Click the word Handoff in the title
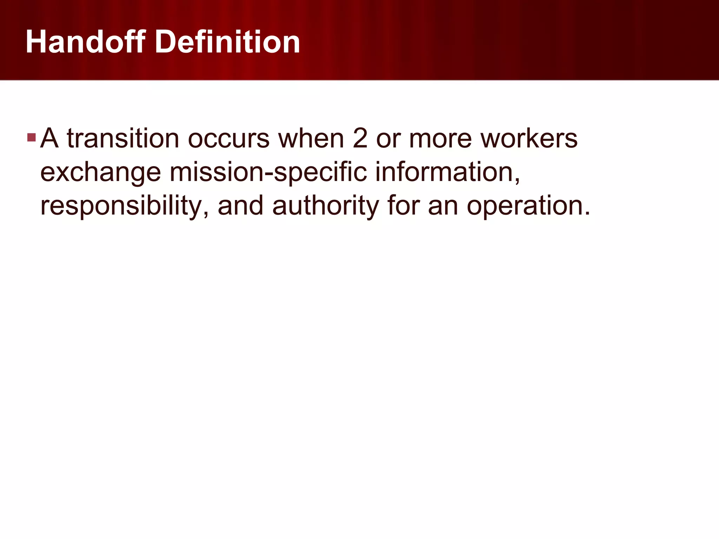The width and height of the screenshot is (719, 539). [x=85, y=42]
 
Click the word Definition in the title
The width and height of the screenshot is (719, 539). [x=227, y=42]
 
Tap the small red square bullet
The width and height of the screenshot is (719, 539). [x=31, y=137]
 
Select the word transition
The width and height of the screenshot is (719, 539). [x=123, y=139]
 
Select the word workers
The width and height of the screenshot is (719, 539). [x=529, y=139]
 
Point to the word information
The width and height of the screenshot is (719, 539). [x=447, y=172]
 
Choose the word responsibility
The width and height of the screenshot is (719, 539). [x=125, y=206]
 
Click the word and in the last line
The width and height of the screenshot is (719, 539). [x=240, y=206]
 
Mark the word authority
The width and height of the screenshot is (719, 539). [x=325, y=206]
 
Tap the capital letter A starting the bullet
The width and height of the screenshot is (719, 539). [x=49, y=139]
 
